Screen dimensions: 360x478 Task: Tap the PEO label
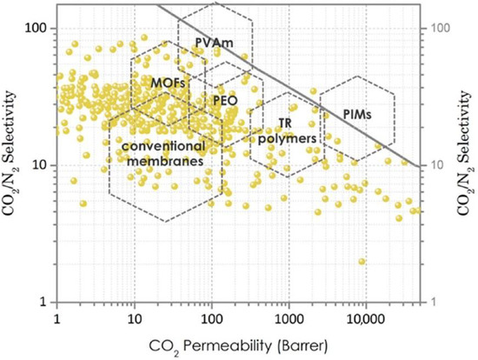[x=225, y=100]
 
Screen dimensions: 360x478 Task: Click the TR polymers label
[x=285, y=131]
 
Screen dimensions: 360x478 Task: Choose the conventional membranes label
[x=157, y=153]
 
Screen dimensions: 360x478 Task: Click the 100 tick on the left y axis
[x=40, y=28]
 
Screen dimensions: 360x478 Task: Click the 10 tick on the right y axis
[x=437, y=165]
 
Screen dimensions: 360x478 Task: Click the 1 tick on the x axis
[x=56, y=318]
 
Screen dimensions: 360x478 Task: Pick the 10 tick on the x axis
[x=134, y=318]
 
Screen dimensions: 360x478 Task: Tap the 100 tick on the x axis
[x=211, y=318]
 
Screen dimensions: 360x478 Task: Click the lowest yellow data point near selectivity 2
[x=362, y=261]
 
